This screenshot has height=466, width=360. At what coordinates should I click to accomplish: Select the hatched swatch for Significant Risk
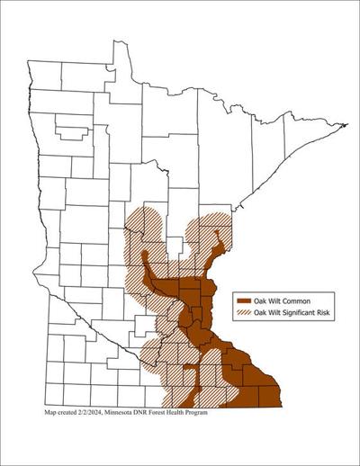tap(243, 312)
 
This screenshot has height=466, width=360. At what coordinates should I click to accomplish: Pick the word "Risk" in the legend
tap(328, 312)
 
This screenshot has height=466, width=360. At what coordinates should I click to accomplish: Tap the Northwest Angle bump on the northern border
tap(121, 47)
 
